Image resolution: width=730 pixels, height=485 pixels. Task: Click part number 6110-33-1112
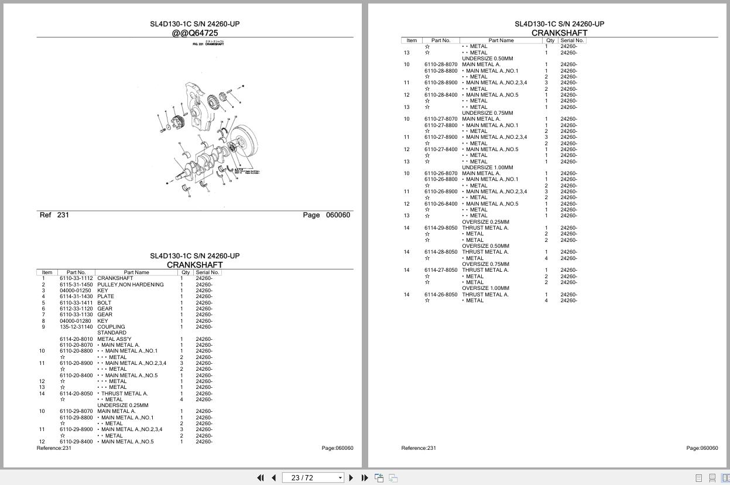click(x=76, y=278)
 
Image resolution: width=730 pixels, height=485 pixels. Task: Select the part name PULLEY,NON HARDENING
click(x=131, y=285)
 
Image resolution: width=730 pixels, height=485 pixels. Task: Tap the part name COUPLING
click(x=111, y=327)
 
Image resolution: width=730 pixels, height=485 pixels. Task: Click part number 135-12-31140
click(x=76, y=327)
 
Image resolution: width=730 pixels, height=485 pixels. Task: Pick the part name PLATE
click(x=106, y=296)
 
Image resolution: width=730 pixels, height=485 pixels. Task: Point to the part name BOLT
click(x=104, y=303)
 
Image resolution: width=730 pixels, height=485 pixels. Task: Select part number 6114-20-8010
click(x=76, y=339)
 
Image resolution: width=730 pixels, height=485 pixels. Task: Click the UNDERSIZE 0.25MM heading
click(x=123, y=405)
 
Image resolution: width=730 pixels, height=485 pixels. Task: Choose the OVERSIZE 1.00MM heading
click(x=485, y=288)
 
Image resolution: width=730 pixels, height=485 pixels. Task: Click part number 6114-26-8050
click(x=441, y=295)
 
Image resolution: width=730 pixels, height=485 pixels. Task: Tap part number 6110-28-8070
click(x=441, y=64)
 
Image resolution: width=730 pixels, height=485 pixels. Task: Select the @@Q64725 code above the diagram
click(x=195, y=33)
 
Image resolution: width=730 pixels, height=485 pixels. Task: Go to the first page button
click(x=261, y=478)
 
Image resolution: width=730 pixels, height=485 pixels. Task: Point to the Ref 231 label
click(x=54, y=215)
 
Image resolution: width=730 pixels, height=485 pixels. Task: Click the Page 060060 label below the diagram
click(x=326, y=215)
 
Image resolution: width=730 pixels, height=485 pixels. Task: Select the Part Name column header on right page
click(x=501, y=40)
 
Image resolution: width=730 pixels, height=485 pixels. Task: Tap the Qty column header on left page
click(x=186, y=272)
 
